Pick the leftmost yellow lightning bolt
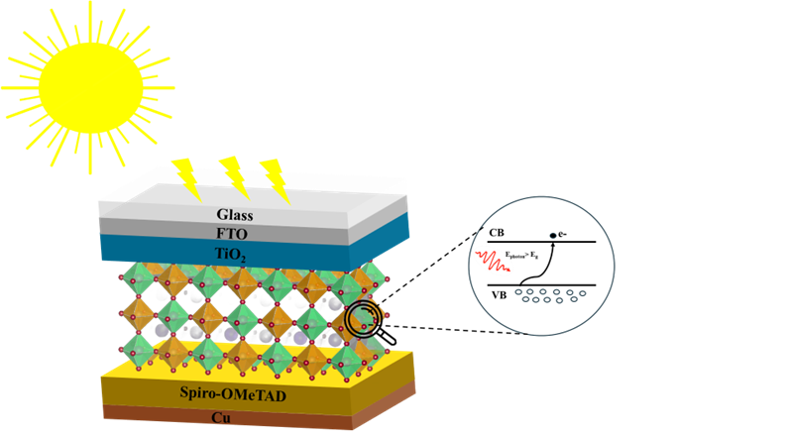click(185, 175)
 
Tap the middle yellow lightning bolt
click(234, 175)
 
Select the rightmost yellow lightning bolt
click(275, 179)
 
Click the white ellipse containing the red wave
click(493, 260)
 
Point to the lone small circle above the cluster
click(553, 235)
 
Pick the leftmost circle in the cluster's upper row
click(518, 292)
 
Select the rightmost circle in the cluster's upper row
click(583, 292)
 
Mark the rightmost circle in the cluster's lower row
click(573, 299)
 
